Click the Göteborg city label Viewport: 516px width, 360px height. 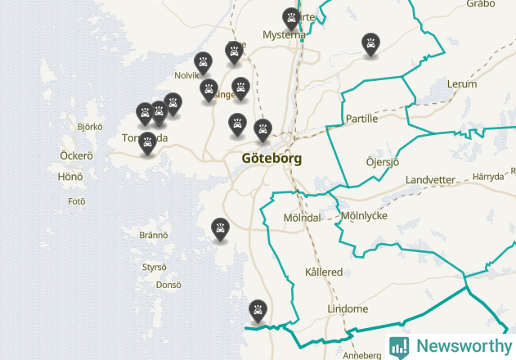272,158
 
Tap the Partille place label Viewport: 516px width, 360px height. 361,119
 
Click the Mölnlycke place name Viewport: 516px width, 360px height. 364,216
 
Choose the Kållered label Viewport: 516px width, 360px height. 324,272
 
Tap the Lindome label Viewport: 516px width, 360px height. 348,309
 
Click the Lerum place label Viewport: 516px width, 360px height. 462,84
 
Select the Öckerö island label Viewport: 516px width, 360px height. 77,155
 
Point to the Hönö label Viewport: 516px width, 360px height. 70,176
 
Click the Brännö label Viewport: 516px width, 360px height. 153,235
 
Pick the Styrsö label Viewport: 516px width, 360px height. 154,267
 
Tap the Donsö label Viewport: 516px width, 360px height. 168,285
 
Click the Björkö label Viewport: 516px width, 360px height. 89,127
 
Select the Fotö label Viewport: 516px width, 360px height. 77,200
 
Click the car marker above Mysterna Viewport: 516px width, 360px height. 291,17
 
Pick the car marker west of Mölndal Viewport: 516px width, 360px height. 220,228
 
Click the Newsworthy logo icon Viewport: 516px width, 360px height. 399,346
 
